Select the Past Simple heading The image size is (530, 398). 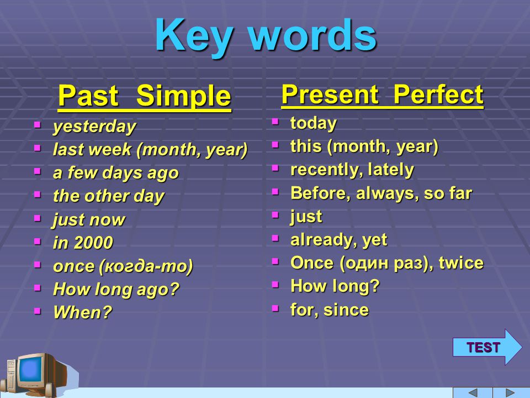click(x=145, y=96)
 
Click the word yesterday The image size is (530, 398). click(x=94, y=127)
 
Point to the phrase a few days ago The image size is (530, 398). click(x=116, y=173)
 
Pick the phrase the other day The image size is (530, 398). click(x=109, y=196)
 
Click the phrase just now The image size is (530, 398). click(x=89, y=220)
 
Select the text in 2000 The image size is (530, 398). click(x=83, y=243)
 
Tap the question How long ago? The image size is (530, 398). click(x=116, y=290)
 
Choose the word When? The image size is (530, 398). click(x=82, y=312)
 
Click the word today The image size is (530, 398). click(x=314, y=123)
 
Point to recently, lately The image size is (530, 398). click(x=352, y=170)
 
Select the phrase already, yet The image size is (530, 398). click(x=338, y=240)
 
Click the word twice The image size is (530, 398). click(x=462, y=263)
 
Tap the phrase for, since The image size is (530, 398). click(x=330, y=310)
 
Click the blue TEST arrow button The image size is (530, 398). click(x=487, y=347)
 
